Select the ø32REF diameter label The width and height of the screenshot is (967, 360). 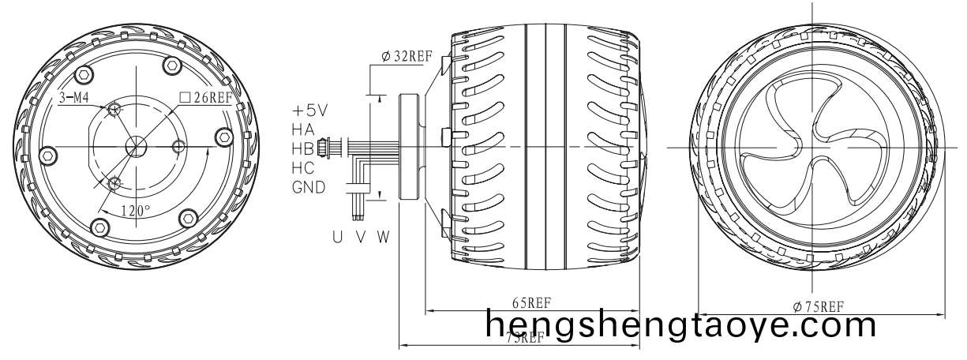click(x=407, y=56)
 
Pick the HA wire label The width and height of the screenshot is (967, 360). click(x=302, y=129)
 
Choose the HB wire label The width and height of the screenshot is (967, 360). click(x=302, y=148)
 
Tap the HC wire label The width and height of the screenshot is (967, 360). click(x=302, y=168)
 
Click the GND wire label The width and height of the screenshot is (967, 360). click(x=308, y=188)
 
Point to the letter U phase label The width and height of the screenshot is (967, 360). click(x=337, y=235)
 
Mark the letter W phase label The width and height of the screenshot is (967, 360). click(x=383, y=235)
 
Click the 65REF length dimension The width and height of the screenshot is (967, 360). click(x=531, y=302)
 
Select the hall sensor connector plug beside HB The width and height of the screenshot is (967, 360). click(x=322, y=148)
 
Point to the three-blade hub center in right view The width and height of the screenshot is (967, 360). click(x=811, y=148)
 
